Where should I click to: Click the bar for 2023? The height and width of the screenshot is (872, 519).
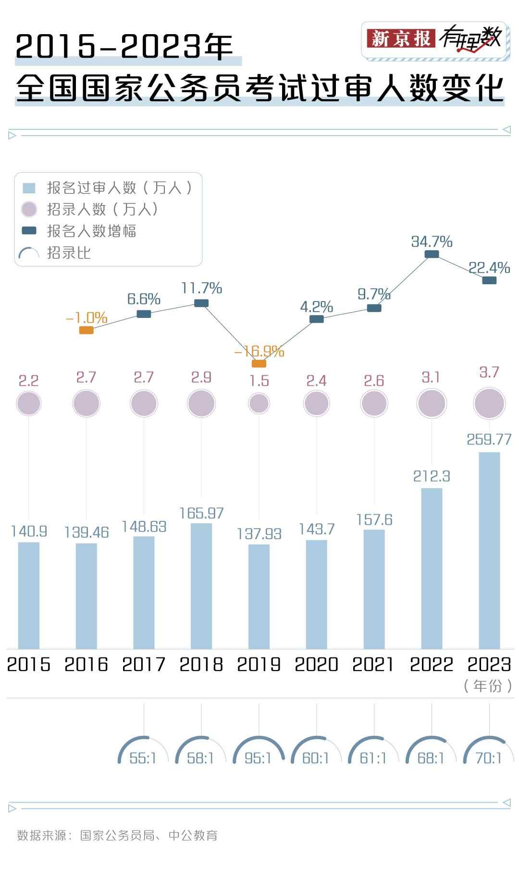click(489, 550)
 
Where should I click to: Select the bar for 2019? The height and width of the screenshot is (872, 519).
click(259, 596)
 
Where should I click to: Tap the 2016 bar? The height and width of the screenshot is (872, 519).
click(86, 596)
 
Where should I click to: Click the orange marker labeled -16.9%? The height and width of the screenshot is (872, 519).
click(259, 364)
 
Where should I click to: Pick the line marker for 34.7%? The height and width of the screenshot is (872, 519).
click(432, 254)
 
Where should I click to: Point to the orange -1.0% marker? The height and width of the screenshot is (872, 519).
click(86, 330)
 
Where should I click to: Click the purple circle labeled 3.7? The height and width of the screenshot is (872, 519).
click(489, 404)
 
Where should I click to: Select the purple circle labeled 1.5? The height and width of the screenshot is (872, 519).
click(259, 403)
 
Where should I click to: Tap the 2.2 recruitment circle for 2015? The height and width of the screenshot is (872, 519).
click(29, 403)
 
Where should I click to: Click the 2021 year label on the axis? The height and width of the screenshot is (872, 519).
click(373, 664)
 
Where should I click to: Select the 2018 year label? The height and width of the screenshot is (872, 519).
click(201, 664)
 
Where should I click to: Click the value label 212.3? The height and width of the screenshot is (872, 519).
click(432, 476)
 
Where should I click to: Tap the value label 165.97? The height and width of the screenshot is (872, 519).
click(201, 513)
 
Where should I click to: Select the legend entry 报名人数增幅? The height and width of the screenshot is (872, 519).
click(91, 231)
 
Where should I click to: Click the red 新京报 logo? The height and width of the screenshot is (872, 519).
click(401, 38)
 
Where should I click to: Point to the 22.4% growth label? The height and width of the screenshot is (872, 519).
click(489, 268)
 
